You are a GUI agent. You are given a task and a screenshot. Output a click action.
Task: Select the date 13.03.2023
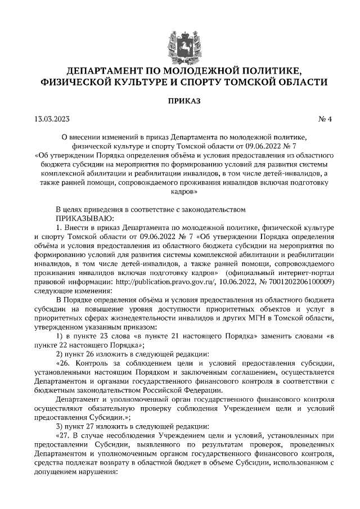51,119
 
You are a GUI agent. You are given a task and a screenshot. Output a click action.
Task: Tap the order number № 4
326,119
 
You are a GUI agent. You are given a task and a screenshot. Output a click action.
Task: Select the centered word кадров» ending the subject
180,191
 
